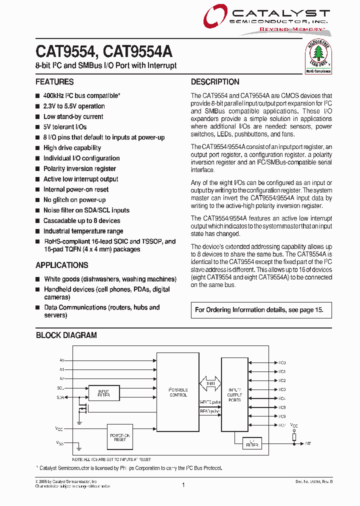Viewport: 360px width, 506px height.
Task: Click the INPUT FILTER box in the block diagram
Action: [103, 393]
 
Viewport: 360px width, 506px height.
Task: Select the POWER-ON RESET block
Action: [120, 436]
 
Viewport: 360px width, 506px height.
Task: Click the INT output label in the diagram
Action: [308, 443]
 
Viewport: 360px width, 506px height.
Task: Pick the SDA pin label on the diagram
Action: [60, 397]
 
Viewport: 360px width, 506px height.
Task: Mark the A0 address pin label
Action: [62, 360]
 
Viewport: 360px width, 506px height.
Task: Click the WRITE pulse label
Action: [210, 402]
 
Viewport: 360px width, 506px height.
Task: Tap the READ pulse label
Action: [210, 411]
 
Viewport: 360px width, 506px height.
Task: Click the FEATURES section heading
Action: [54, 82]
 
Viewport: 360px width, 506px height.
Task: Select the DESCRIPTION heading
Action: [215, 82]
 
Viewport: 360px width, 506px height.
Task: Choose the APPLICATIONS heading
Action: [62, 265]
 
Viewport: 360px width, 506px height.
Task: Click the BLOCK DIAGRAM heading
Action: [66, 335]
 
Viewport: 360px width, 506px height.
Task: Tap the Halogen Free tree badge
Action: [319, 56]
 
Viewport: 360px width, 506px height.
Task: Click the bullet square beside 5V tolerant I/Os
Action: [38, 127]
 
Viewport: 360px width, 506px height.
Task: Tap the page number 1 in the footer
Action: [183, 484]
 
